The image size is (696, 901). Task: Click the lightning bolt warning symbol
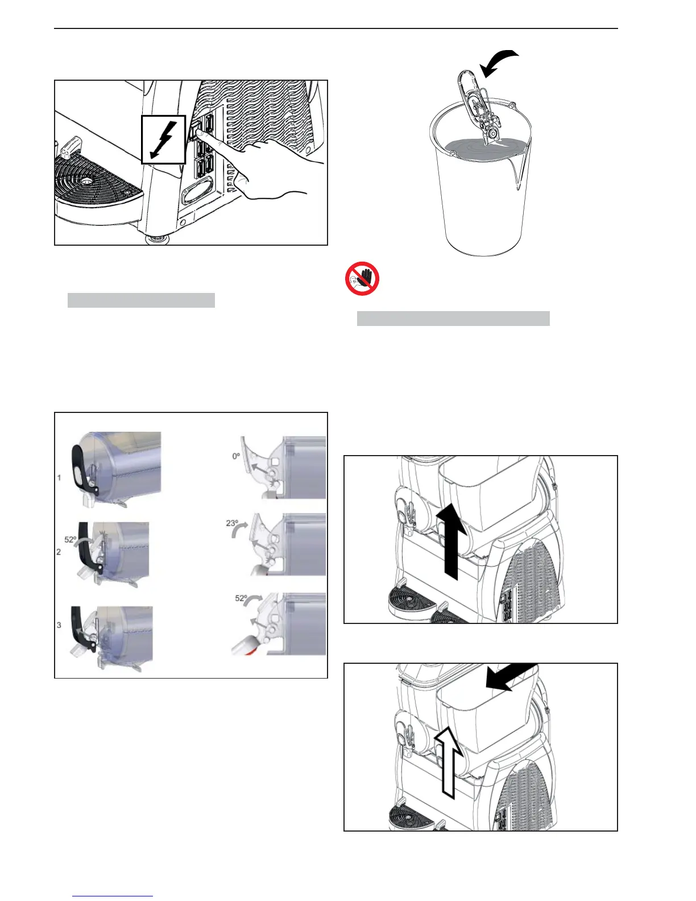point(163,140)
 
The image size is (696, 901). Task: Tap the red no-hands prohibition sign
point(362,278)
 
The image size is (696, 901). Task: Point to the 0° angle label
point(236,456)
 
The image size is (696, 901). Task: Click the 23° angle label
point(232,523)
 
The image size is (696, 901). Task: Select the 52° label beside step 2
point(71,539)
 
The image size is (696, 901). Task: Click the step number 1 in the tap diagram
point(59,478)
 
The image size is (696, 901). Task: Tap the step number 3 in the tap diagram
point(59,625)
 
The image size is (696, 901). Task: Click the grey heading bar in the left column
point(141,300)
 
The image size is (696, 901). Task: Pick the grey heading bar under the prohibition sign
point(453,319)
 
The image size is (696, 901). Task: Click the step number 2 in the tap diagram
point(59,552)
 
